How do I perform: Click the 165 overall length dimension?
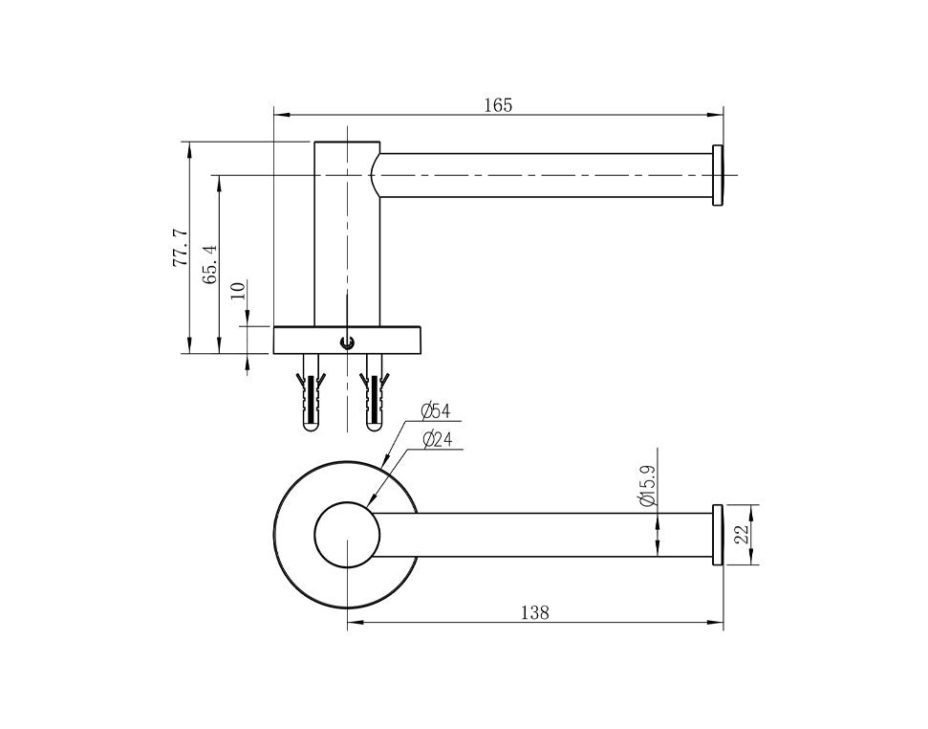tap(498, 105)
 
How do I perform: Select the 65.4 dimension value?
tap(210, 265)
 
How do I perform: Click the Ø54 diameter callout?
tap(436, 409)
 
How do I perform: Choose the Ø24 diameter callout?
tap(439, 439)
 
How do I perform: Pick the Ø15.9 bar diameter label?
tap(647, 486)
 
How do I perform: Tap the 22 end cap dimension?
tap(743, 535)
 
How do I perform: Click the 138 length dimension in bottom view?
tap(535, 612)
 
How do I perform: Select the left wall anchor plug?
tap(310, 392)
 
